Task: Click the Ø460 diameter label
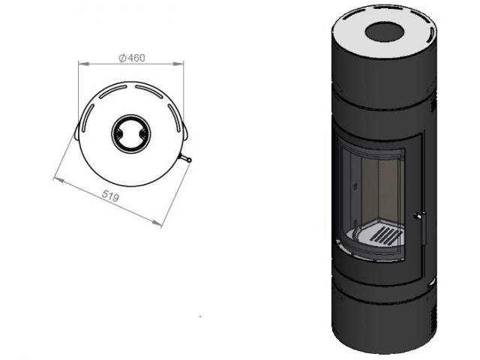coord(132,58)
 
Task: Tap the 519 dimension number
coord(110,196)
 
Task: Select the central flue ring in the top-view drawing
coord(131,133)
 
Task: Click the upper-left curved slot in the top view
coord(112,91)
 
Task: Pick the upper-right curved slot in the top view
coord(149,91)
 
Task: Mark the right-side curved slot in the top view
coord(175,118)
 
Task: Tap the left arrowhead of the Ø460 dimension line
coord(83,64)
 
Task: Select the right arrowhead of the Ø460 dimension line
coord(178,64)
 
